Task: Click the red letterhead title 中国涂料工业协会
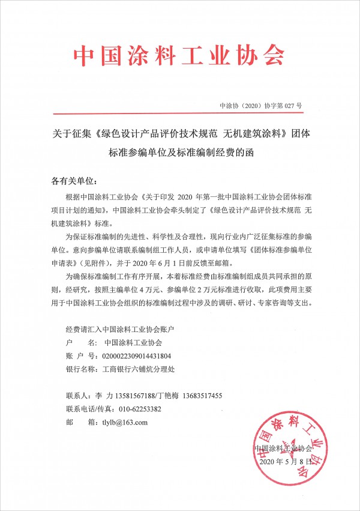pos(179,55)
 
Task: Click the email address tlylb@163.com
pos(125,422)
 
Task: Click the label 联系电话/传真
pos(88,409)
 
